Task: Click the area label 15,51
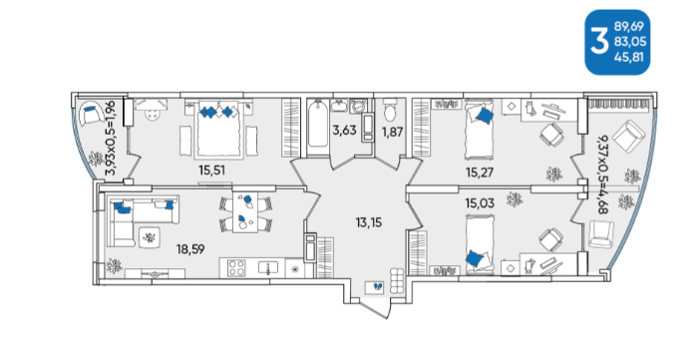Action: (x=211, y=170)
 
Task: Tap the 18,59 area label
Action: (x=190, y=249)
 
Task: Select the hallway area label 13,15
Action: (x=369, y=222)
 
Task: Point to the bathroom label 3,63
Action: (x=344, y=131)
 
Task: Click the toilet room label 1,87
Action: (x=392, y=132)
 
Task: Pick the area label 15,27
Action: (x=480, y=172)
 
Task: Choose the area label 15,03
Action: (x=480, y=203)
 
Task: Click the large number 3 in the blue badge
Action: (x=599, y=42)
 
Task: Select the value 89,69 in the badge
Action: (x=630, y=27)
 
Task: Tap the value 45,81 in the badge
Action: (x=629, y=57)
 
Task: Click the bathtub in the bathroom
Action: (x=318, y=127)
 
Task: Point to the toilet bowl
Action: (x=390, y=110)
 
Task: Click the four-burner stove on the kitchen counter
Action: (x=236, y=268)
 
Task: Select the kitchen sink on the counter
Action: (x=268, y=267)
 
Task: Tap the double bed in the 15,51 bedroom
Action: (x=219, y=129)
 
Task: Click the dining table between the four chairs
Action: (x=244, y=211)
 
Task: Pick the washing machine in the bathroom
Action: (x=358, y=106)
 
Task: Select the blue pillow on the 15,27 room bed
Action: (x=484, y=116)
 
